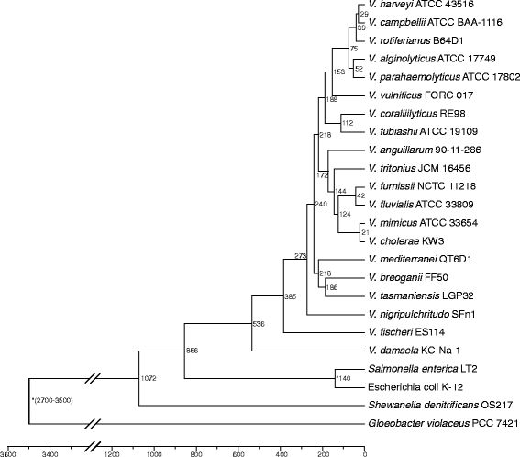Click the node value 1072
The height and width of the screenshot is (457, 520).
click(x=149, y=378)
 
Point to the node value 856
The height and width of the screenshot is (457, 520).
click(x=193, y=351)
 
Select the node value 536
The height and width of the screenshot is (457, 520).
click(x=259, y=324)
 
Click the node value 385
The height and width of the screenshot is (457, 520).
click(x=290, y=296)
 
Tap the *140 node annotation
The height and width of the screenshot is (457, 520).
click(x=344, y=377)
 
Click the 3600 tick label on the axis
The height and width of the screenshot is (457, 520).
click(x=8, y=451)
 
